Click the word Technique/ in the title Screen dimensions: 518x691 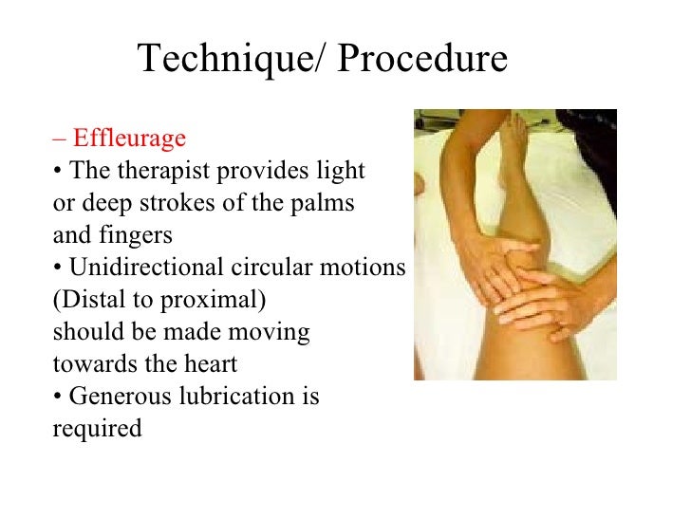coord(233,60)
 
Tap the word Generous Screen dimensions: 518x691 coord(121,397)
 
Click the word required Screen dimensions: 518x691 coord(97,429)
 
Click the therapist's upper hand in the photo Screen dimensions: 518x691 coord(498,267)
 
